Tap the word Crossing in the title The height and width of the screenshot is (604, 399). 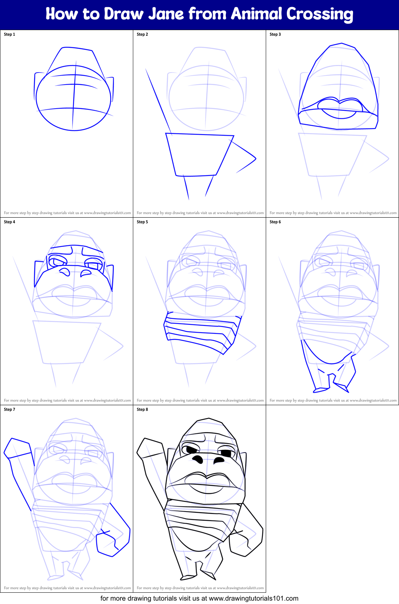click(320, 14)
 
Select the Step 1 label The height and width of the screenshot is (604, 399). click(9, 35)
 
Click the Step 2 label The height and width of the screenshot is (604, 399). click(142, 35)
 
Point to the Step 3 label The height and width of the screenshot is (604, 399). click(275, 35)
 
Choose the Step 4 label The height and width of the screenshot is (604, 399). click(9, 222)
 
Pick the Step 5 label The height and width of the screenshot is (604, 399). click(142, 222)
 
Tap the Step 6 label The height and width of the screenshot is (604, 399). click(275, 222)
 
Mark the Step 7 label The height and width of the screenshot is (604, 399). click(9, 410)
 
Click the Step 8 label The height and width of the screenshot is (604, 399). click(142, 410)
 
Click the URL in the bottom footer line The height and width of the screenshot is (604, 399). click(253, 598)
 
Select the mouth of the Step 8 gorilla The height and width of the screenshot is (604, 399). click(207, 483)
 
